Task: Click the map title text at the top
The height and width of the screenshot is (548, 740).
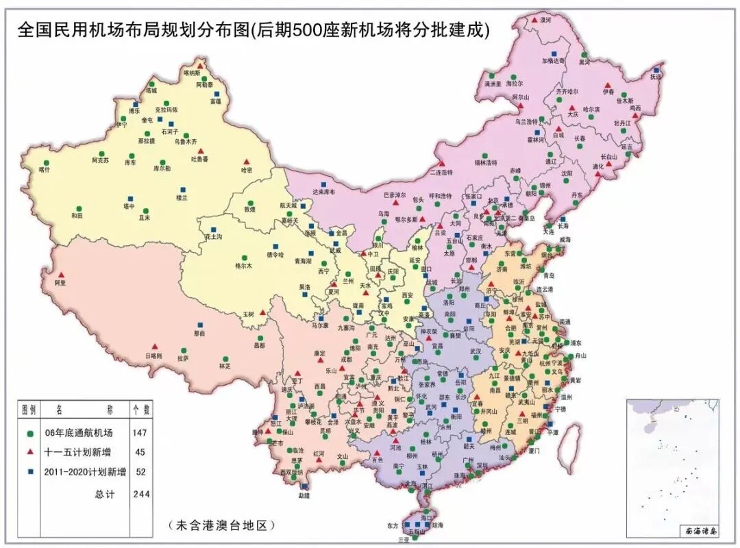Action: (253, 30)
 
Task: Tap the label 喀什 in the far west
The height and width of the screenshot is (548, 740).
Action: (45, 169)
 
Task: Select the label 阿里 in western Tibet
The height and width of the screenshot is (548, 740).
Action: (60, 282)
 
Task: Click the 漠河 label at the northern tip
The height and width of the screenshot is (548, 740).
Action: (545, 21)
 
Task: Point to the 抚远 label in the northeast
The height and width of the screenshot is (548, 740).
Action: (656, 77)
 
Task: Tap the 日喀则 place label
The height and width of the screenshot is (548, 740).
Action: (153, 356)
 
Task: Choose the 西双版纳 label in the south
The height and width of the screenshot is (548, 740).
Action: (291, 472)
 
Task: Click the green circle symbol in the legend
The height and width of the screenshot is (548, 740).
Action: (29, 434)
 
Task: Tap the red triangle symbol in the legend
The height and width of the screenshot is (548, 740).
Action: (29, 453)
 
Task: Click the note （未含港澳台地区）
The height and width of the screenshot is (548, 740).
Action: (221, 525)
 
